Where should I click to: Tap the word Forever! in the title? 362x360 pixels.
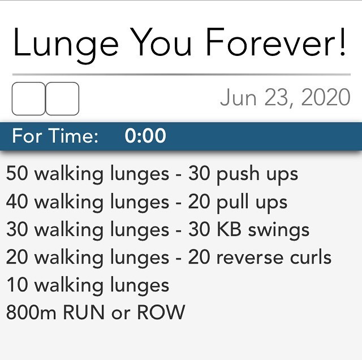(x=276, y=42)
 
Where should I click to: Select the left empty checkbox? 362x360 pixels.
(x=28, y=99)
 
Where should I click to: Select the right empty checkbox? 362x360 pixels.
(x=62, y=99)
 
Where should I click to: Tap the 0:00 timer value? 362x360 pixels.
(x=145, y=136)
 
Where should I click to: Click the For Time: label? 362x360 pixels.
(x=55, y=136)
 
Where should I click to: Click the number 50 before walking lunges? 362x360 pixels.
(x=17, y=173)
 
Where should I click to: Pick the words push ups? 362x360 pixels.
(x=257, y=175)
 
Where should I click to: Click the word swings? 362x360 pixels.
(x=279, y=231)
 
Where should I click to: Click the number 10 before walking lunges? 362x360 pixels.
(x=17, y=285)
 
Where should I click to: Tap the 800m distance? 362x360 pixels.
(x=31, y=313)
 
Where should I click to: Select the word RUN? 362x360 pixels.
(x=83, y=313)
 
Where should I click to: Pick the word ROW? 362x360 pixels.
(x=161, y=313)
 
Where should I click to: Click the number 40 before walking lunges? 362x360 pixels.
(x=17, y=201)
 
